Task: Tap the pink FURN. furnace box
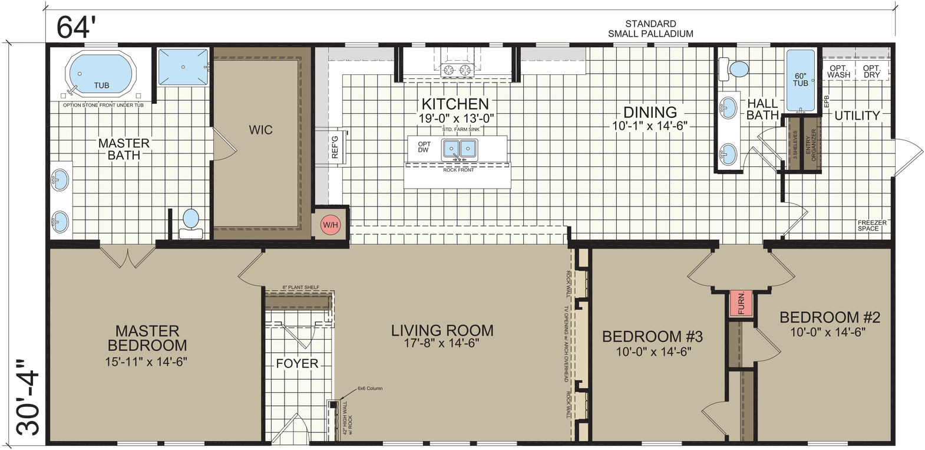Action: [x=741, y=303]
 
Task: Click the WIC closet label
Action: [x=260, y=130]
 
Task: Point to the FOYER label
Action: [x=297, y=363]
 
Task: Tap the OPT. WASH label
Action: [x=838, y=71]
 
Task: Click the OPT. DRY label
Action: [x=871, y=71]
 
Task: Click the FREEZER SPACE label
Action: [x=872, y=225]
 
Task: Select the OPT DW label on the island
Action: [x=424, y=147]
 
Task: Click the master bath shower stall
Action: [x=183, y=67]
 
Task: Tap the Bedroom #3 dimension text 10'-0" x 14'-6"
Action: [x=652, y=352]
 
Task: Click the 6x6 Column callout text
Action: [x=369, y=389]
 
